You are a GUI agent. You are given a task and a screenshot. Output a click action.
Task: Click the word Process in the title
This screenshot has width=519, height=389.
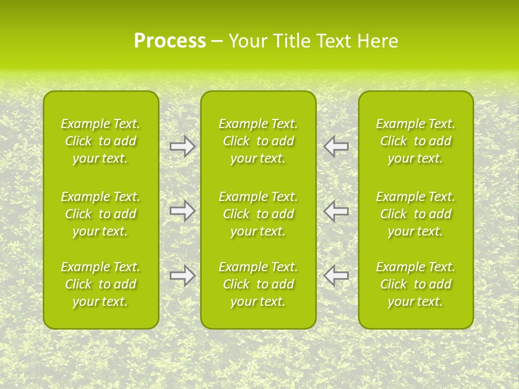170,41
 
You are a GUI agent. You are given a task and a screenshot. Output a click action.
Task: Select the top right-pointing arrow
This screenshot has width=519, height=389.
182,146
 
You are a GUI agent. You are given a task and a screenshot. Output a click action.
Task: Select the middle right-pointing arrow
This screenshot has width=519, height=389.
182,211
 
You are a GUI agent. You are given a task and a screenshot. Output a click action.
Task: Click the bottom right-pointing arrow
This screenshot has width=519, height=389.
182,276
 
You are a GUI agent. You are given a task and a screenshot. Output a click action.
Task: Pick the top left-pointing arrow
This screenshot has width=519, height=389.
336,146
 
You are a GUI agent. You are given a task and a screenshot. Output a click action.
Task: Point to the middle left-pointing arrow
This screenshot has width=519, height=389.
336,211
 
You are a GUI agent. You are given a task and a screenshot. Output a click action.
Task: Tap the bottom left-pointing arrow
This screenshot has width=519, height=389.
336,276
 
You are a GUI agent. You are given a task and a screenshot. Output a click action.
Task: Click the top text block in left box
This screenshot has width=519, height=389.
101,141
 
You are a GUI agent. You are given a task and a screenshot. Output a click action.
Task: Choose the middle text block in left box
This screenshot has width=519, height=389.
101,214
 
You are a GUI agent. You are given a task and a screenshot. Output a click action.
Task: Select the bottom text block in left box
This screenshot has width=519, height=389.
101,284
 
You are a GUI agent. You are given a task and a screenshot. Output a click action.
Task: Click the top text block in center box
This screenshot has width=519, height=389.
258,141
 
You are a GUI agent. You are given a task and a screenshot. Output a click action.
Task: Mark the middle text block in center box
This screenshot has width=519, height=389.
258,214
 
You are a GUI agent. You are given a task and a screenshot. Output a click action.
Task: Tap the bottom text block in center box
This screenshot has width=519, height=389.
258,284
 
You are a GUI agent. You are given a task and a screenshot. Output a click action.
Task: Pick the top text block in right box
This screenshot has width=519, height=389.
415,141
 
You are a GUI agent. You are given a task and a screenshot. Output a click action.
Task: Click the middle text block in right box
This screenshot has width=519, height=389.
415,214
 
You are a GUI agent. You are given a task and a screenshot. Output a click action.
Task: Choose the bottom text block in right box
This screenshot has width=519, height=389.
415,284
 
